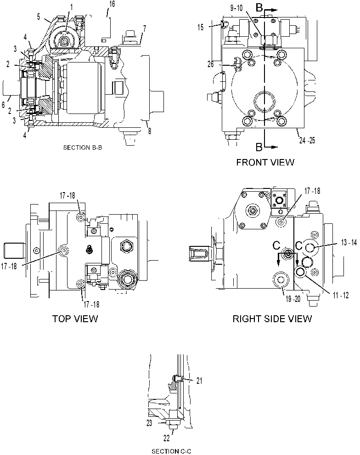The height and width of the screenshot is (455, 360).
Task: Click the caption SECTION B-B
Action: (83, 148)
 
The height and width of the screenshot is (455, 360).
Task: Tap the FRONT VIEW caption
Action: (265, 162)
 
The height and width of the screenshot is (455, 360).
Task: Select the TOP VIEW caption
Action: (75, 318)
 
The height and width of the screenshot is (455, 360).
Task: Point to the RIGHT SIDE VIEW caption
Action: (272, 318)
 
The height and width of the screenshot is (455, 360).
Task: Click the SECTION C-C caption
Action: (172, 451)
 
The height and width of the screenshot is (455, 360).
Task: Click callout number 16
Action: (112, 4)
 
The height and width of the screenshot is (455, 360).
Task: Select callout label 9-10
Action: (236, 8)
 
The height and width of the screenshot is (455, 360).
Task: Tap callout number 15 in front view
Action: (201, 27)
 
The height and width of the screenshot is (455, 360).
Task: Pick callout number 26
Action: (210, 64)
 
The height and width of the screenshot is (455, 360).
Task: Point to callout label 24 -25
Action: (307, 141)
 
